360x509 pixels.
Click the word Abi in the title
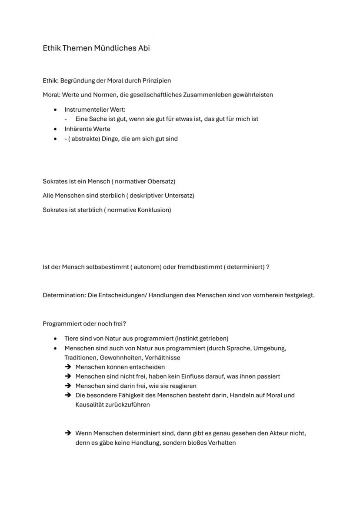[x=144, y=48]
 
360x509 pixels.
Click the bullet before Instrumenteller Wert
[x=55, y=110]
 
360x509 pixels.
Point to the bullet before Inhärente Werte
[x=55, y=129]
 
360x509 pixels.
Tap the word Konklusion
[x=154, y=210]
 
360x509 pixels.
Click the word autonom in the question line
[x=146, y=266]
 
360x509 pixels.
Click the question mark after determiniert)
[x=268, y=266]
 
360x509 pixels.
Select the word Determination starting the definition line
[x=63, y=295]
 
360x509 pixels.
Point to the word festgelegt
[x=300, y=295]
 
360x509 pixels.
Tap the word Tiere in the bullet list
[x=72, y=338]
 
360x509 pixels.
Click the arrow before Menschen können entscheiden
[x=68, y=367]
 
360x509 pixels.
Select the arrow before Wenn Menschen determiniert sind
[x=68, y=433]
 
